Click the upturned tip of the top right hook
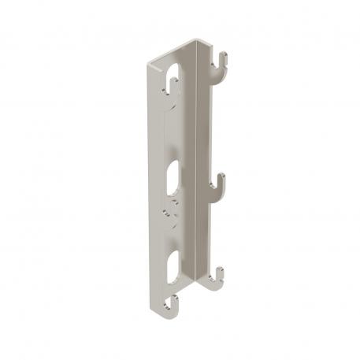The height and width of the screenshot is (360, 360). [225, 56]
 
